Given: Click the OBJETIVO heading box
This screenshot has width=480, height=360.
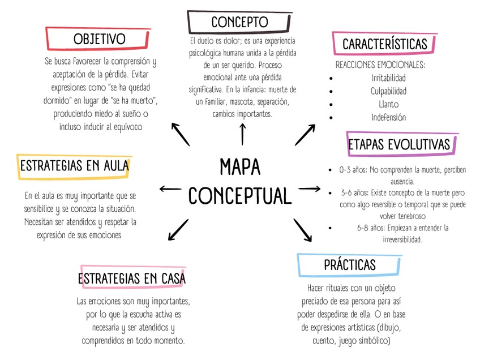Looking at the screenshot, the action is coord(100,39).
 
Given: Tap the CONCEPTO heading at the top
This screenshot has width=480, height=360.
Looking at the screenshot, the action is coord(239,22).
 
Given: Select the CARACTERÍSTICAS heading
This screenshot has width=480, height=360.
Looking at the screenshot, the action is coord(384,44).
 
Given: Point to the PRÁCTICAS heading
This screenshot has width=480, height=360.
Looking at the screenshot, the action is coord(349,264).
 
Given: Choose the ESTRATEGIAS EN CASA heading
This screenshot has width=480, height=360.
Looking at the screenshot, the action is coord(132,278).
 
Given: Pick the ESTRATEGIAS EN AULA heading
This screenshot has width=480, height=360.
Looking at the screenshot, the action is coord(74,166).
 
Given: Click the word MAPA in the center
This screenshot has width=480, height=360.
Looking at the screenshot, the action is coord(240,167).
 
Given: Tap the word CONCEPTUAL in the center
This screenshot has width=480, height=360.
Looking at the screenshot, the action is coord(240,196).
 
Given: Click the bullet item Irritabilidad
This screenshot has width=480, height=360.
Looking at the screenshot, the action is coord(388,78).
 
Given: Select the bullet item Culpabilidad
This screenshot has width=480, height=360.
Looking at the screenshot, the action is coord(388,91).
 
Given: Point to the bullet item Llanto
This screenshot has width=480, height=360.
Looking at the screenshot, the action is coord(388,104).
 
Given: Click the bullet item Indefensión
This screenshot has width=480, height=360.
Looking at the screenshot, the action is coord(388,118).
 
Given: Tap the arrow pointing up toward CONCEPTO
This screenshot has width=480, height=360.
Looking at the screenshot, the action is coord(243,134).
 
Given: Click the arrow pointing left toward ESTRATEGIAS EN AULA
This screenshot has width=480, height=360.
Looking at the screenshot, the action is coord(170,189).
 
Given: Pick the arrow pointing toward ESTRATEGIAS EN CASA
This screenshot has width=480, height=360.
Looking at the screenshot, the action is coord(178,229).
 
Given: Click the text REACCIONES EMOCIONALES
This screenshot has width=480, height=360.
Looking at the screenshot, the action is coord(380,65).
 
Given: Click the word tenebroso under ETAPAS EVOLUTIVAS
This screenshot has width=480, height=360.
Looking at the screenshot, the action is coord(406,216).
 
